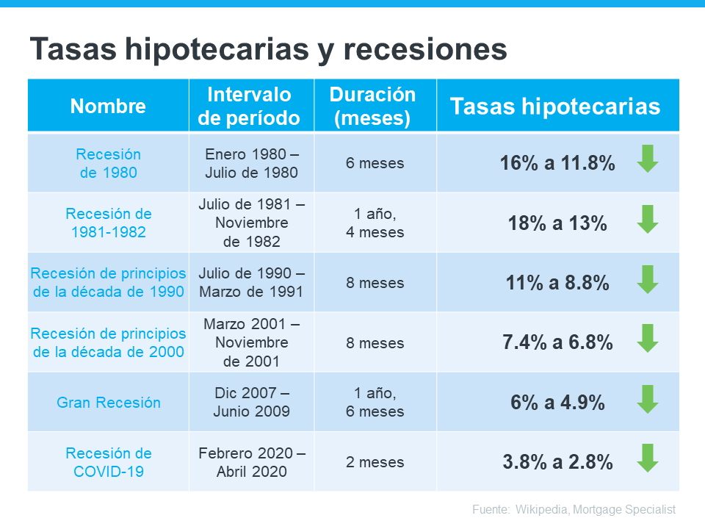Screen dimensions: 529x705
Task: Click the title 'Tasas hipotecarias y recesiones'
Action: click(268, 50)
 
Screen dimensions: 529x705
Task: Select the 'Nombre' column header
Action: click(108, 106)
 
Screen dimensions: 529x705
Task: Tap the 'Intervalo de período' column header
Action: click(250, 106)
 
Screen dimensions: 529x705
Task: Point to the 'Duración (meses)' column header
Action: click(372, 106)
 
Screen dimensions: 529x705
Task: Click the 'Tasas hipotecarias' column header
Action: click(555, 106)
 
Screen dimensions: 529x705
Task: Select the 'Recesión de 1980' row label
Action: click(108, 163)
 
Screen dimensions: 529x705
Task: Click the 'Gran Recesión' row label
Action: click(108, 403)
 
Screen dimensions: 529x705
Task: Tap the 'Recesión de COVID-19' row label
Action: click(108, 462)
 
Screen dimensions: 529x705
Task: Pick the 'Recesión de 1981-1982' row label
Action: click(108, 223)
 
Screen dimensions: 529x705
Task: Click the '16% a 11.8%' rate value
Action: click(557, 163)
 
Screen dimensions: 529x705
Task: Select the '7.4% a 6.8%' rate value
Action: click(557, 342)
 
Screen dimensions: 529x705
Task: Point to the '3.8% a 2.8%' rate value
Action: click(557, 462)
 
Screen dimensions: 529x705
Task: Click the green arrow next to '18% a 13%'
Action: click(647, 220)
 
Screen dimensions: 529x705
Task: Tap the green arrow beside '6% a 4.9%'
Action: click(647, 399)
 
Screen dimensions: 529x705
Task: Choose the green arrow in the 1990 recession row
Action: click(647, 279)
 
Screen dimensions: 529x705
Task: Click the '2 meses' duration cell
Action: click(375, 462)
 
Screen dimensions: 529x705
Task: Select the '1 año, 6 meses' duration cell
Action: click(375, 403)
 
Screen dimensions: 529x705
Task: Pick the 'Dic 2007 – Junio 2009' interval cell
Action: click(251, 403)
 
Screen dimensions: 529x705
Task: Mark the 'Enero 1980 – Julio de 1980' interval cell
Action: click(251, 163)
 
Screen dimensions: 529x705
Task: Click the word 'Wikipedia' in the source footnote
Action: click(545, 509)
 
